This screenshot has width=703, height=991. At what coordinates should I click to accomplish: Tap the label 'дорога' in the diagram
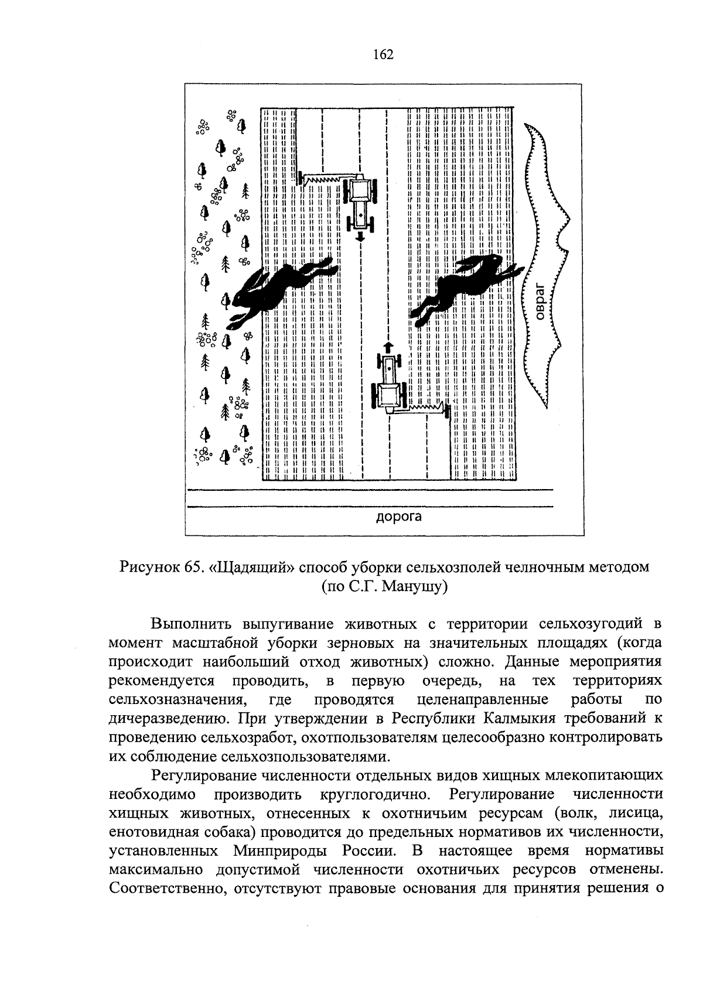point(398,516)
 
